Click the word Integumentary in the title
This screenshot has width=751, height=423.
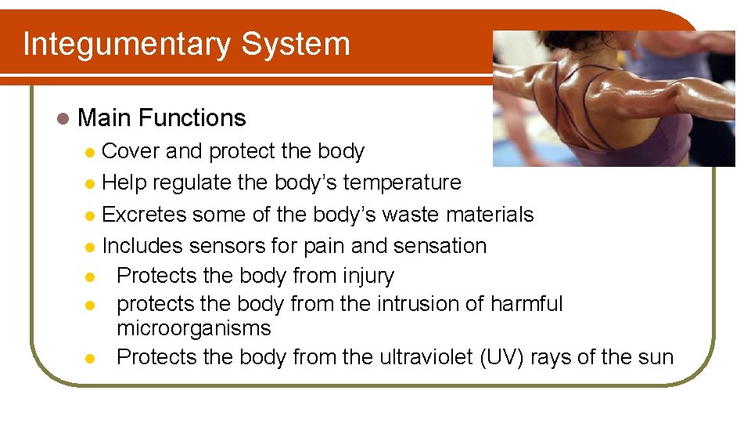[127, 45]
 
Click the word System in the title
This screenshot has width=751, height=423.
[296, 44]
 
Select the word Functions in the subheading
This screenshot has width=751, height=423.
[192, 118]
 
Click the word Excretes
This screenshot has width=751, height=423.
[144, 215]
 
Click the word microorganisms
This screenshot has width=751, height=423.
[193, 328]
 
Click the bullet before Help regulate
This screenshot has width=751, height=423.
[91, 184]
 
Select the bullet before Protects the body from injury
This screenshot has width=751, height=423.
[91, 277]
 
